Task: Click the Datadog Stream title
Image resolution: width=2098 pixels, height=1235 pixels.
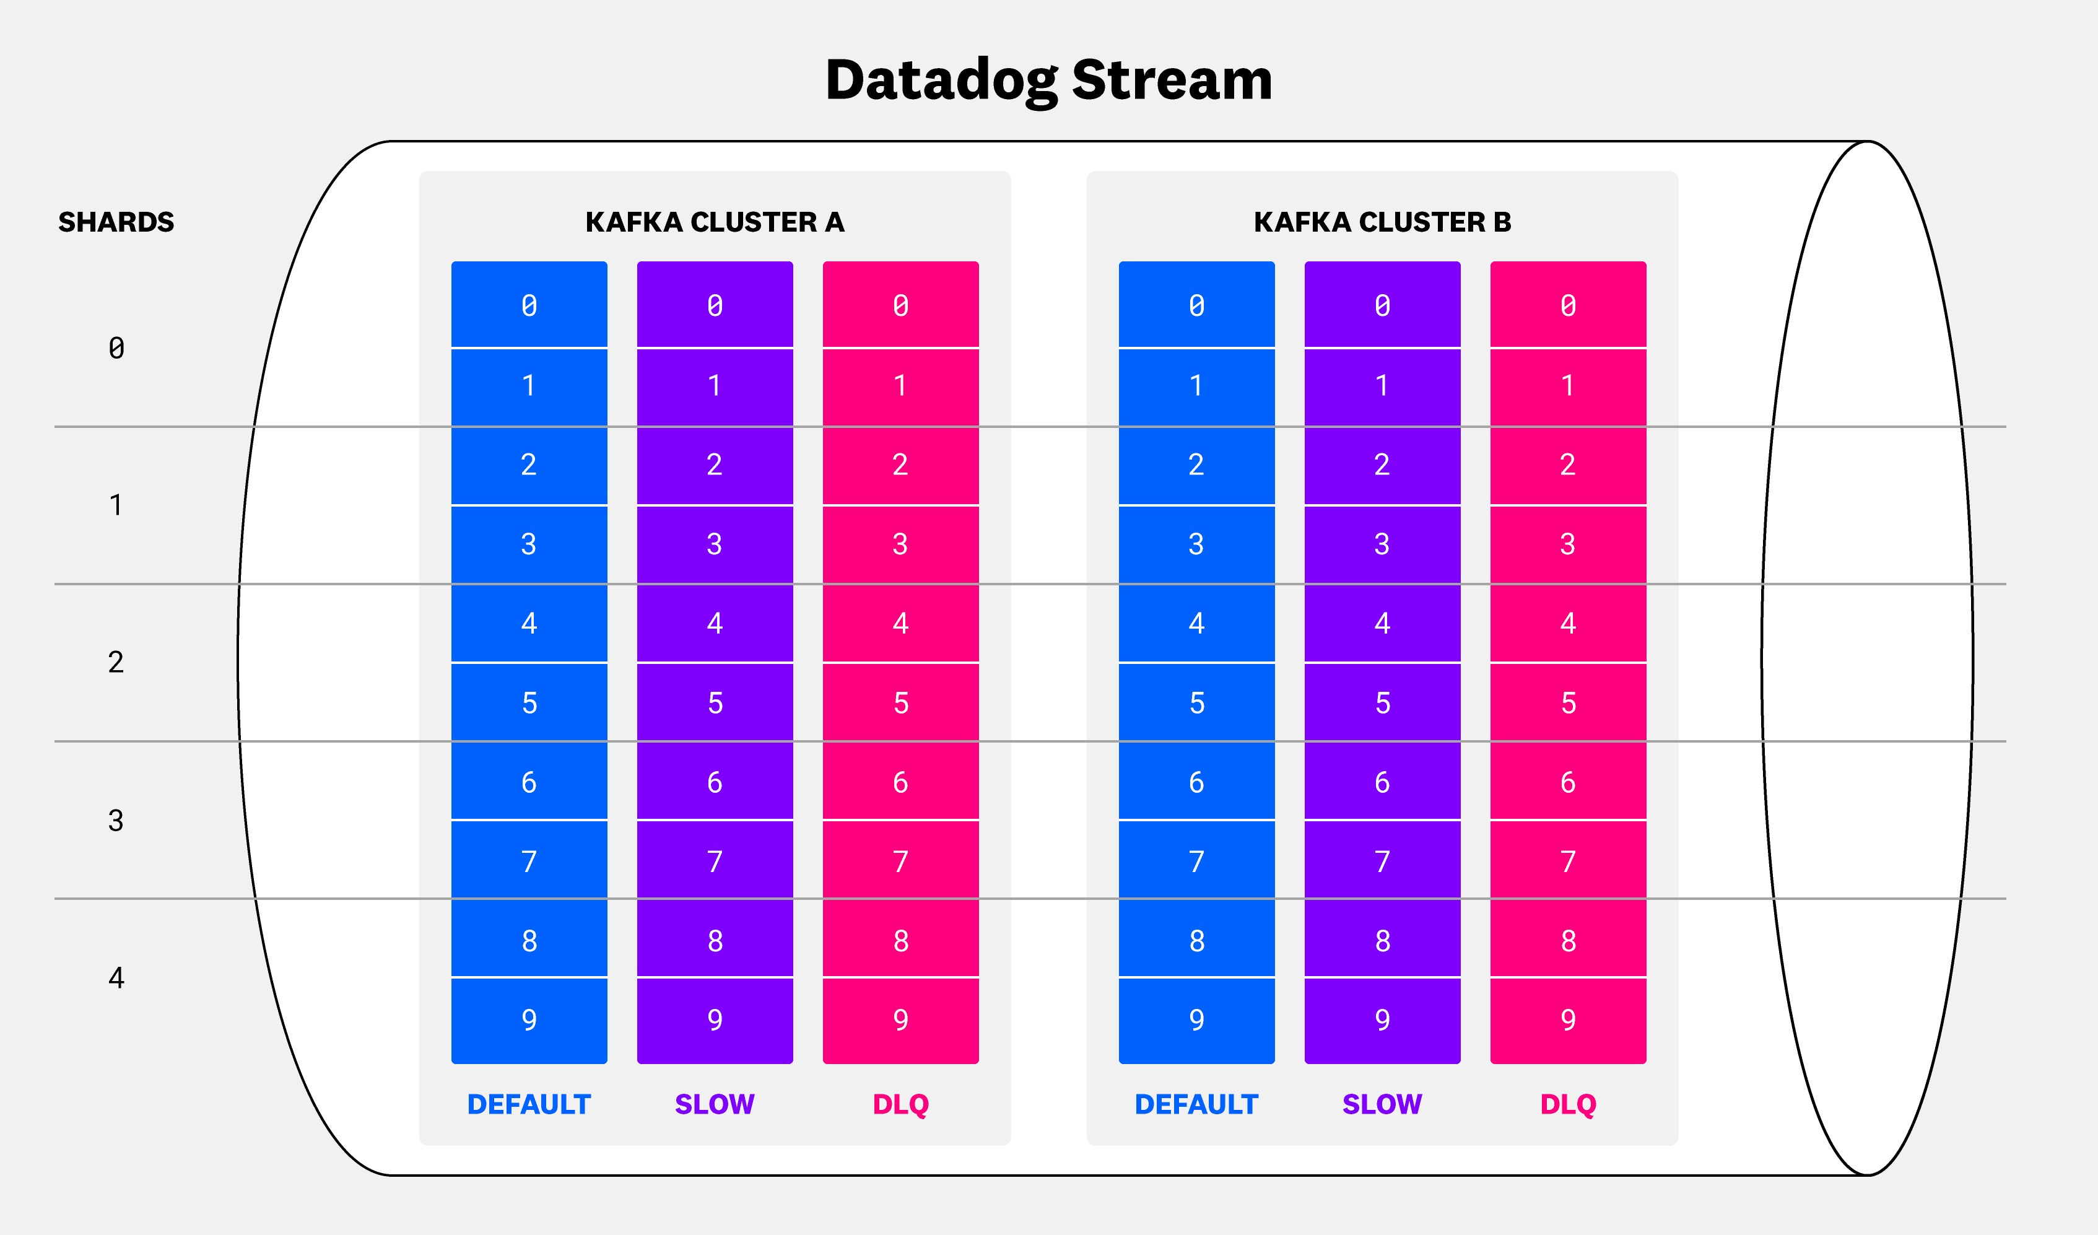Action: pyautogui.click(x=1048, y=80)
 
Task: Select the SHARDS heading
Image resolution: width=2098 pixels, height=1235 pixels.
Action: pyautogui.click(x=116, y=222)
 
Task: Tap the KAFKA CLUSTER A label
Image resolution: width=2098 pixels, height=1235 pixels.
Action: pyautogui.click(x=715, y=222)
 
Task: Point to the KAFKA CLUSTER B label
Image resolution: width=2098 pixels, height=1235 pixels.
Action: pyautogui.click(x=1382, y=222)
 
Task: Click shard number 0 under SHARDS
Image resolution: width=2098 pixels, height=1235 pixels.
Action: pyautogui.click(x=116, y=348)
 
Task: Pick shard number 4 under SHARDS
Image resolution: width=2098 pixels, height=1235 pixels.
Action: pyautogui.click(x=116, y=978)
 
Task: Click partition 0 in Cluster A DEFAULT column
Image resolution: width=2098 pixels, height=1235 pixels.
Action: pyautogui.click(x=529, y=305)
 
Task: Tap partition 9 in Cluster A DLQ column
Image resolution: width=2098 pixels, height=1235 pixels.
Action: pyautogui.click(x=900, y=1020)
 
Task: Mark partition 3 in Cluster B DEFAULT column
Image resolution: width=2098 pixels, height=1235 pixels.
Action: pyautogui.click(x=1196, y=544)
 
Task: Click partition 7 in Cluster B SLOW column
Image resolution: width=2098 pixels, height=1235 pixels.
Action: pyautogui.click(x=1382, y=861)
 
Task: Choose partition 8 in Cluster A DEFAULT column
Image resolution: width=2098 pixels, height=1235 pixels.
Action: pyautogui.click(x=529, y=941)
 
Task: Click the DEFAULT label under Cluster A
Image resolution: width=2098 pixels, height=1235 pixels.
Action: pyautogui.click(x=529, y=1104)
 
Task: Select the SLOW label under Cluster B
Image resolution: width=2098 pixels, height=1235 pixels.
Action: pyautogui.click(x=1382, y=1104)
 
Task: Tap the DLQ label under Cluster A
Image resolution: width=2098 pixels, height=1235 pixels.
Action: pyautogui.click(x=900, y=1104)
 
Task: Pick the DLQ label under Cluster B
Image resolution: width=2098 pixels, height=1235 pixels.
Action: pyautogui.click(x=1568, y=1104)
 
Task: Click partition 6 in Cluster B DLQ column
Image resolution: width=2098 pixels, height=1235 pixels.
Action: pyautogui.click(x=1568, y=782)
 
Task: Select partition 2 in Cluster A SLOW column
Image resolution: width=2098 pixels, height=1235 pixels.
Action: pyautogui.click(x=715, y=465)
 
